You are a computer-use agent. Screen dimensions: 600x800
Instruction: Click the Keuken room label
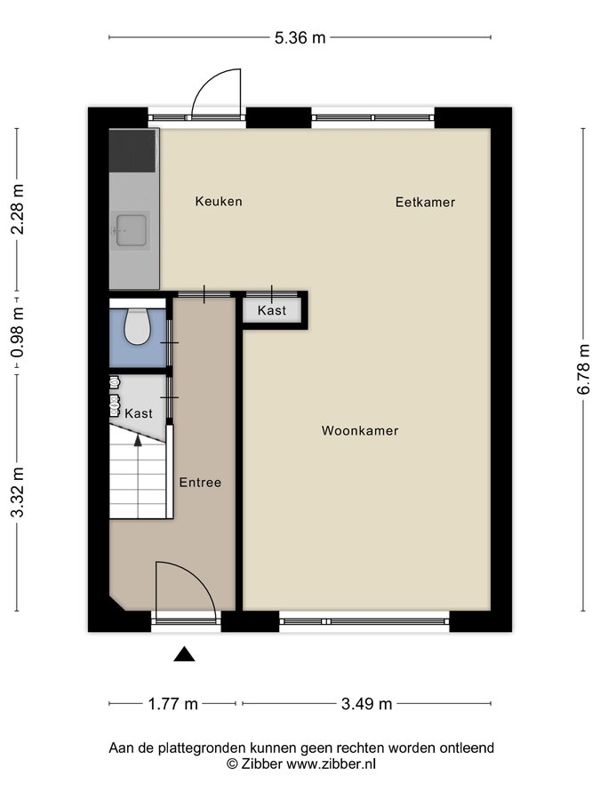[219, 201]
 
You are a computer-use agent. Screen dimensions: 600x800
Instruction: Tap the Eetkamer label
[425, 202]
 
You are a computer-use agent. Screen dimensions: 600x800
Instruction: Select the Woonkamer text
[360, 430]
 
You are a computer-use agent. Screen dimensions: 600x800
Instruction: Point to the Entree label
[200, 482]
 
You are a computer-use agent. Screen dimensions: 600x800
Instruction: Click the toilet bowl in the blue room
[137, 327]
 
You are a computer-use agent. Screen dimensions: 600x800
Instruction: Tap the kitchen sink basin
[132, 230]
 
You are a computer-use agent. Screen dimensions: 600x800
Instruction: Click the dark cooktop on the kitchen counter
[132, 150]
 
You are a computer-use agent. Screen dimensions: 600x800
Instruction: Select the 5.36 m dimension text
[300, 37]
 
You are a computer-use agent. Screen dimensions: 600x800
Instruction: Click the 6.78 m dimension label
[584, 370]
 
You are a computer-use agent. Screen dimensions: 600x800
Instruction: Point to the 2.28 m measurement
[18, 209]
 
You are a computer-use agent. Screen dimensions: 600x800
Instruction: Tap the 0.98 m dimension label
[18, 332]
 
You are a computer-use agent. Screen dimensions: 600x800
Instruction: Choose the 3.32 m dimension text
[18, 492]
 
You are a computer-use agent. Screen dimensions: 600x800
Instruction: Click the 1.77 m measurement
[172, 704]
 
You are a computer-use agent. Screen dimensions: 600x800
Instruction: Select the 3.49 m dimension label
[366, 704]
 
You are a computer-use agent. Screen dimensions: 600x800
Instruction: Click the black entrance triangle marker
[184, 654]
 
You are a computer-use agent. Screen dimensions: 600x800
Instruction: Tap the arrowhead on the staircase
[138, 440]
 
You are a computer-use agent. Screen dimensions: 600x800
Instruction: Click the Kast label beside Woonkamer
[272, 310]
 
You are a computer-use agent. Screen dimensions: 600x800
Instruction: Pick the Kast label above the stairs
[139, 413]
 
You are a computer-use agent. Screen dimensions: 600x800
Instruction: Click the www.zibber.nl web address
[332, 764]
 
